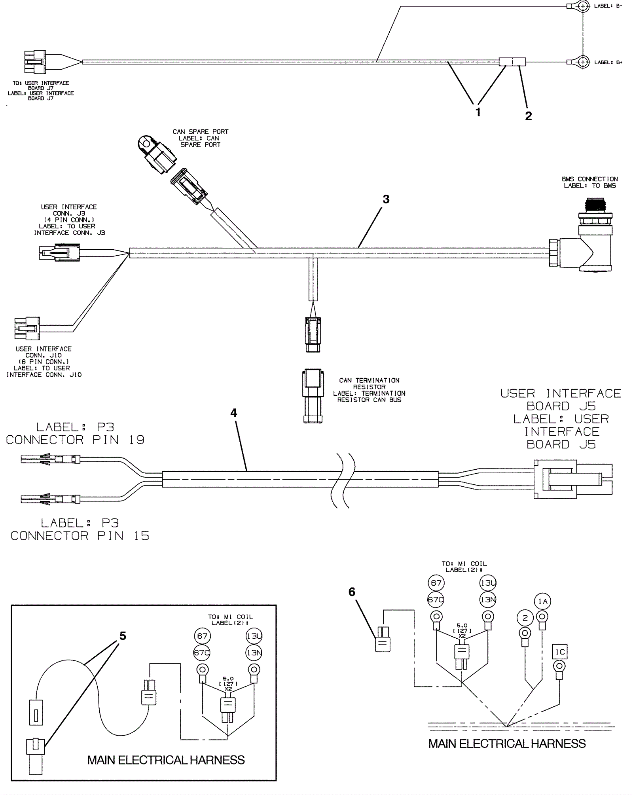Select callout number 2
pos(528,116)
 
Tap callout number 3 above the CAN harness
pos(386,199)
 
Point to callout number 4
pos(234,413)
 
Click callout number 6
pos(352,592)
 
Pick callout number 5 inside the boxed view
pos(123,636)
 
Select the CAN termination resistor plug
pos(313,396)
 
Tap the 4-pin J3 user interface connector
pos(59,252)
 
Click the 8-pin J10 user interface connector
pos(27,328)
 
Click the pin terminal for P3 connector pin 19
pos(51,459)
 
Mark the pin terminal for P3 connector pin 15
pos(51,499)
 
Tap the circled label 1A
pos(542,601)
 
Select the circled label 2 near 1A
pos(525,619)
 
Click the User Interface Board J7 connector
pos(35,62)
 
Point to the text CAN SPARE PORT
pos(201,132)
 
